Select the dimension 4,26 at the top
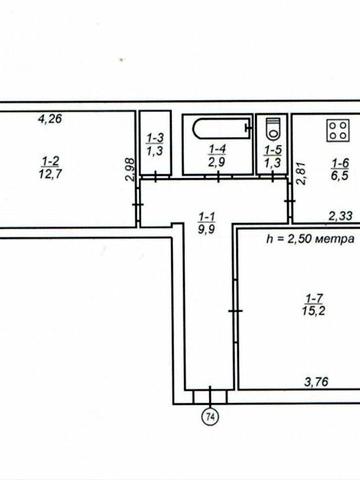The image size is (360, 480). [49, 121]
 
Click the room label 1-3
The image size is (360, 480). [155, 139]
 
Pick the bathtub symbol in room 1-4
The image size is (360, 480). [216, 129]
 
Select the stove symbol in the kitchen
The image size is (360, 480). [336, 129]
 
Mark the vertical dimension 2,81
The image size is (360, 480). [298, 172]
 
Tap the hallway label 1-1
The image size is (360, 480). [207, 215]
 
